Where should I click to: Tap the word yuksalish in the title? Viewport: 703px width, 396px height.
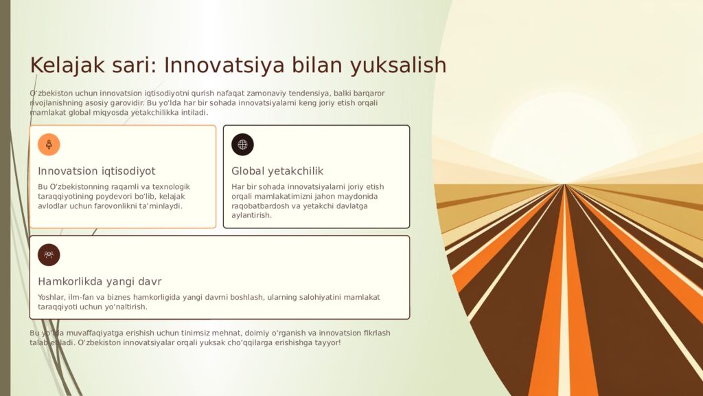click(x=398, y=65)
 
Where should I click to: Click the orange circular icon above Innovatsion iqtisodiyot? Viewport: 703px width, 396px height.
click(x=49, y=144)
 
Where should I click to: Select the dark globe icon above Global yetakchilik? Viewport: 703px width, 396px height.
click(x=242, y=144)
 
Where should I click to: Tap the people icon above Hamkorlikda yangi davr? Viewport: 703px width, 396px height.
click(x=49, y=255)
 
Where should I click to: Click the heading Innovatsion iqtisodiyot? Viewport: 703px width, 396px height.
click(x=97, y=171)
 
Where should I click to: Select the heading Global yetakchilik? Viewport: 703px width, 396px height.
click(x=277, y=171)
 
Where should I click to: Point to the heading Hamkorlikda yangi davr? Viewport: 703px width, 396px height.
click(x=100, y=282)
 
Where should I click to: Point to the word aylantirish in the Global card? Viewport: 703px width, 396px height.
click(x=251, y=215)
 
